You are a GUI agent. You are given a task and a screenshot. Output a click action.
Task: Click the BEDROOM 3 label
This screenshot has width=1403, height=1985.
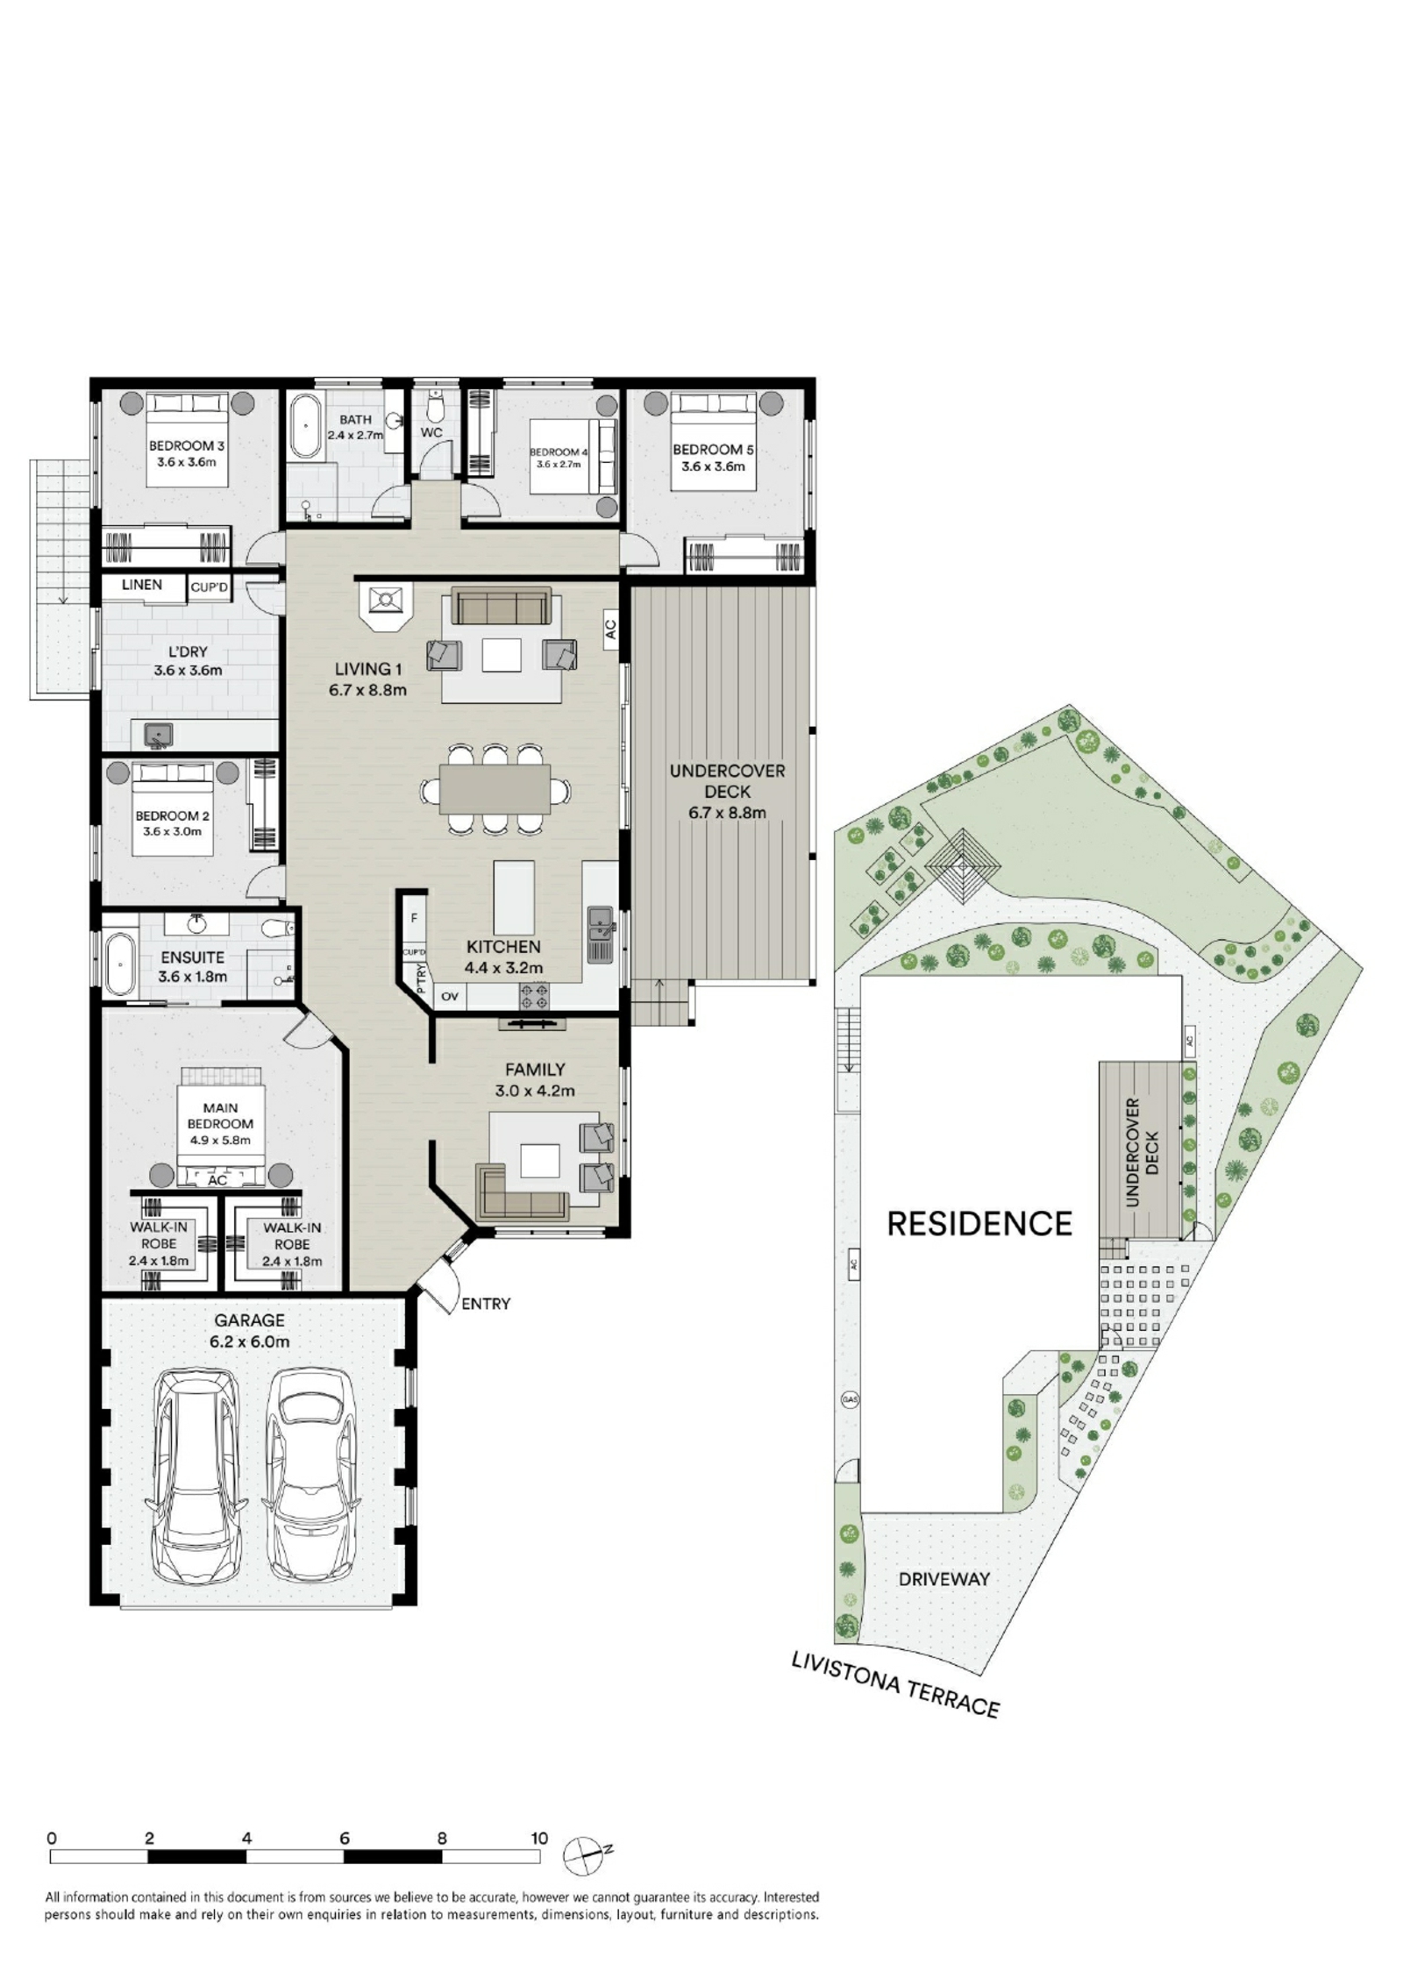186,446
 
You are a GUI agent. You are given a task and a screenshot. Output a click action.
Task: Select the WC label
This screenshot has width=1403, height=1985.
431,432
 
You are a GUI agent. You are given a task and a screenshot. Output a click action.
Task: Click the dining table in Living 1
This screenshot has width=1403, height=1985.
495,789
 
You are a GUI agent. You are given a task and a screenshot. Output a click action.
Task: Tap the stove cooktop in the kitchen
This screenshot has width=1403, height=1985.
535,995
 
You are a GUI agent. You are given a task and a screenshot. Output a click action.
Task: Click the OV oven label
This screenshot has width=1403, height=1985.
450,997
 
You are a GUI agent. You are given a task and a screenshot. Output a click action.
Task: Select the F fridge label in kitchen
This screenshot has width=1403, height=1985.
414,919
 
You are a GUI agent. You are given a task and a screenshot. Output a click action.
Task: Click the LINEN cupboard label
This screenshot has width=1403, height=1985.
142,585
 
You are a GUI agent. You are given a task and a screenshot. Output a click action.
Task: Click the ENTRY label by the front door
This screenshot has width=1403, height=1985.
486,1304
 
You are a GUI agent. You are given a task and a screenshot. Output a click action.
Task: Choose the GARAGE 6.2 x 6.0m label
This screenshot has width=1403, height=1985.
250,1330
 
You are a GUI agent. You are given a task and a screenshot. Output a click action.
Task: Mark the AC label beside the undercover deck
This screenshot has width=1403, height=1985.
611,629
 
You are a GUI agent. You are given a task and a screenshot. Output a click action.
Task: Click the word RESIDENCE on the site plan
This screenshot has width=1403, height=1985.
979,1224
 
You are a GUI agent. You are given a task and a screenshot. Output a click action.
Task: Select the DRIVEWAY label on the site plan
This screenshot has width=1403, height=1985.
944,1579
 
